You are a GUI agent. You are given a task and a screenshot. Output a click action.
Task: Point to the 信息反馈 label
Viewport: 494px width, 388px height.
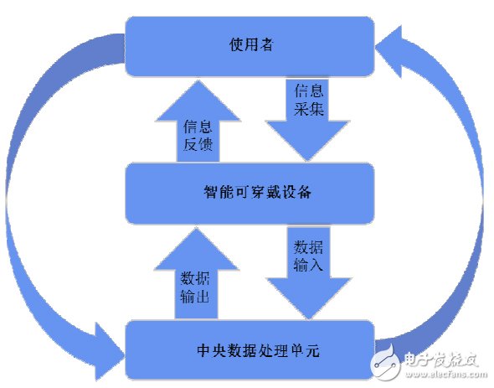(198, 137)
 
